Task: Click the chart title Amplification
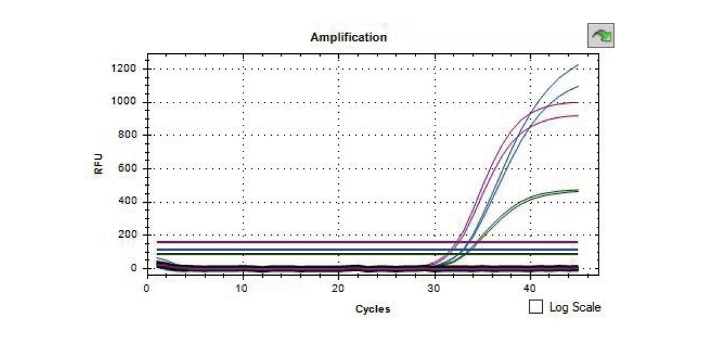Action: click(348, 37)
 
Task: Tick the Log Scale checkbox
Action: click(536, 307)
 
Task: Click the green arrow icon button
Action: click(601, 36)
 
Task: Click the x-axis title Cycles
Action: click(373, 309)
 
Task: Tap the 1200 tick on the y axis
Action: click(124, 68)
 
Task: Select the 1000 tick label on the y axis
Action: click(124, 102)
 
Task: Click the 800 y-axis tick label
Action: click(127, 135)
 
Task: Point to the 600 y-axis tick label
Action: click(127, 169)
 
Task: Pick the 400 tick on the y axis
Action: click(127, 202)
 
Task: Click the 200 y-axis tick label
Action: click(127, 235)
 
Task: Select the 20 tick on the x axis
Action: click(338, 287)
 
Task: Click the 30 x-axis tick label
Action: click(434, 287)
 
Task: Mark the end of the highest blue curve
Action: click(577, 65)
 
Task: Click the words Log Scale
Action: click(574, 307)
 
